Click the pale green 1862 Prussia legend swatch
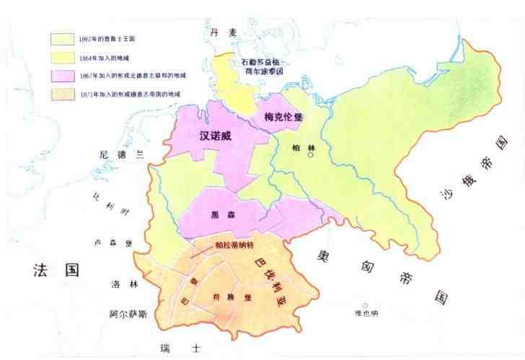pos(63,38)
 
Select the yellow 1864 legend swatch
pos(63,56)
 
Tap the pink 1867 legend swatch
pos(63,75)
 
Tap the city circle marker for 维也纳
pos(365,305)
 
